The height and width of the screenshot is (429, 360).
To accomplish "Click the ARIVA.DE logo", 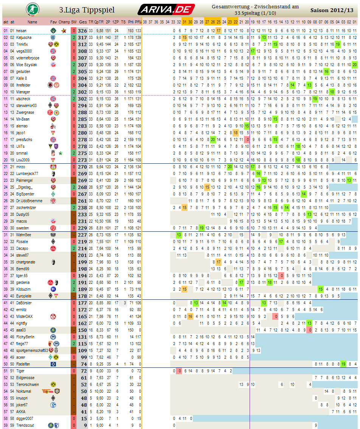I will tap(166, 9).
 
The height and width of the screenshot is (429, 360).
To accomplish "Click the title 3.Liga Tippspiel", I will tap(87, 10).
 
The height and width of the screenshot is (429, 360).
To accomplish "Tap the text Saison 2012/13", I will tap(331, 10).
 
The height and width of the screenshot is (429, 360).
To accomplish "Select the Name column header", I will tap(32, 22).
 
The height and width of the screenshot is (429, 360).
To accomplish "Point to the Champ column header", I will tap(64, 22).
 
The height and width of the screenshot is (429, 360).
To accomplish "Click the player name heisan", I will tap(21, 31).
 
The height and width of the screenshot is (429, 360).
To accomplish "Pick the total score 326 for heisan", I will tap(82, 31).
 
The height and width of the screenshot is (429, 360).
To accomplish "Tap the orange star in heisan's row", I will tap(64, 31).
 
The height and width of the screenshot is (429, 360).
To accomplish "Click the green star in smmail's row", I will tap(61, 153).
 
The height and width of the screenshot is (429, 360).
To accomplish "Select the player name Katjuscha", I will tap(24, 37).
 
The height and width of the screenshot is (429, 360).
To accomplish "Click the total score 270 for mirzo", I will tap(82, 167).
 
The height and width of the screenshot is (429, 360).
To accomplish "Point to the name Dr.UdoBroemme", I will tap(29, 201).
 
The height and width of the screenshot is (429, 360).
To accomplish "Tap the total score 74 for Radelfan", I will tap(84, 364).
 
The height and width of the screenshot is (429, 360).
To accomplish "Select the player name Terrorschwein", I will tap(28, 384).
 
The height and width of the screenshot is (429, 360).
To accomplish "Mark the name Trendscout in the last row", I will tap(25, 425).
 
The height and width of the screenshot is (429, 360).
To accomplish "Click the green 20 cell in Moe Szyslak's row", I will tap(354, 65).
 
